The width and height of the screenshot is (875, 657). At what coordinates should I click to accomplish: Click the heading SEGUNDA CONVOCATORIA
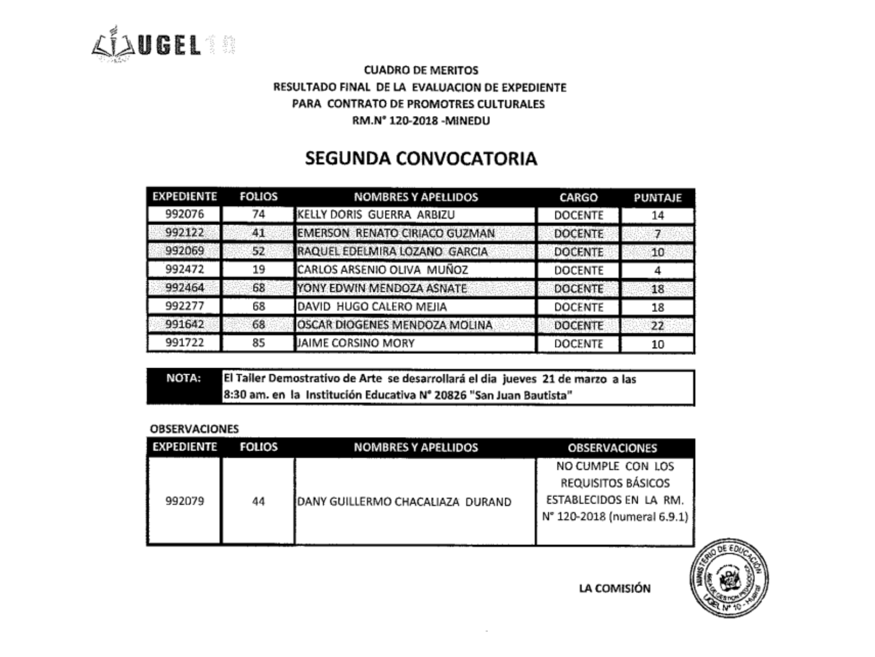(x=421, y=158)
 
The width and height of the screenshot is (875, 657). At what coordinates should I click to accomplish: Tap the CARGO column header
(x=578, y=197)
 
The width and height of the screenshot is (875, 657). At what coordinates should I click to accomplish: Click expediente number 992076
(x=184, y=214)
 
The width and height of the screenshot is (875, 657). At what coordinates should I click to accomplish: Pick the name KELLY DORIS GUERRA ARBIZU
(x=376, y=215)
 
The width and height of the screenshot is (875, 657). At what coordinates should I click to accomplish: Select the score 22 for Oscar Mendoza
(x=658, y=326)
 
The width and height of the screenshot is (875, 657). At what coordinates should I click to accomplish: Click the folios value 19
(x=258, y=270)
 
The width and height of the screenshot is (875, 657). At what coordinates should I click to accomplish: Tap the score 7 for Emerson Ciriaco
(x=658, y=234)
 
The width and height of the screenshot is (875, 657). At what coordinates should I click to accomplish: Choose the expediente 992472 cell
(x=184, y=270)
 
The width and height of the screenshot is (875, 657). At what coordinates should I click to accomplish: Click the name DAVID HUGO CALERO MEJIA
(x=372, y=307)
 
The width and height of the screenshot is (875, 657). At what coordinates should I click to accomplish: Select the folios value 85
(x=258, y=343)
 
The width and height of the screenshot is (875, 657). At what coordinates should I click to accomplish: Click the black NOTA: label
(x=184, y=378)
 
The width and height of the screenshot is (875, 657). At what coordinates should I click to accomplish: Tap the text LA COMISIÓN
(x=615, y=589)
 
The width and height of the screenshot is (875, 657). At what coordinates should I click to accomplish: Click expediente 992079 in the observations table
(x=184, y=501)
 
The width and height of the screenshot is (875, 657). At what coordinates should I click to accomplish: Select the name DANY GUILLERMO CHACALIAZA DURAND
(x=404, y=502)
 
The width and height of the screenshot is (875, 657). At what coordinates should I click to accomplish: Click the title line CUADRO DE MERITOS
(x=421, y=70)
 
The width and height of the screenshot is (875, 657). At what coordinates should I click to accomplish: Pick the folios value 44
(x=258, y=502)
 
